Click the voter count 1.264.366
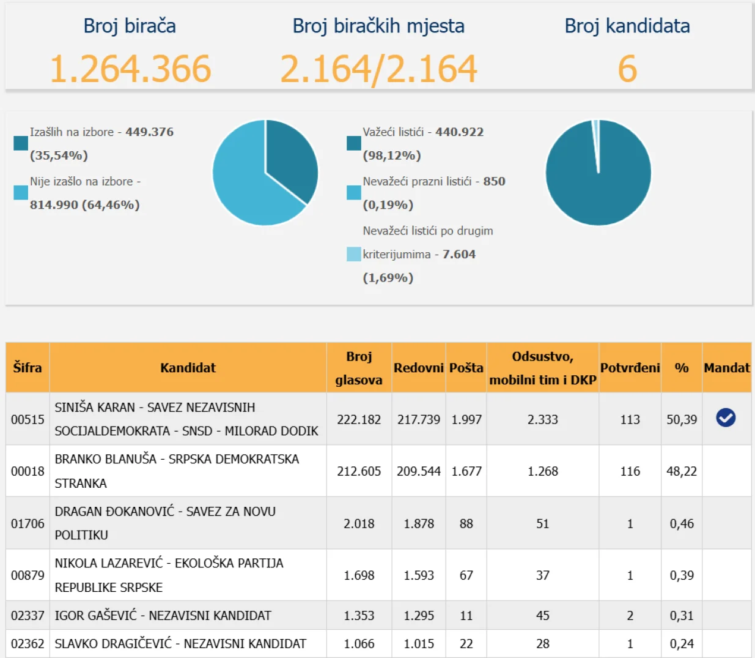tap(130, 69)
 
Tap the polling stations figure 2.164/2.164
tap(378, 69)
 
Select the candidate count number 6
tap(627, 69)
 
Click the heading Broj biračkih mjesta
tap(378, 26)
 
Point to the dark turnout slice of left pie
tap(290, 160)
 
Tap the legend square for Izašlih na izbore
tap(21, 143)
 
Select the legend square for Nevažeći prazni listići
tap(353, 193)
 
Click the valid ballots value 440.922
tap(459, 132)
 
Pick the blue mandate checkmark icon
tap(726, 418)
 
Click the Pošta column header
tap(466, 368)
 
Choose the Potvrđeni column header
tap(630, 368)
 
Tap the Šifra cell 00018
tap(28, 471)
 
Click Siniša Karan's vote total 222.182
tap(359, 419)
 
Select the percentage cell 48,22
tap(681, 471)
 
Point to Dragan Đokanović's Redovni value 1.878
tap(419, 523)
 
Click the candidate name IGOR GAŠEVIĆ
tap(95, 615)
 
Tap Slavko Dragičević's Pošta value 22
tap(466, 644)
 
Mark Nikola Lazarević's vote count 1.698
tap(359, 575)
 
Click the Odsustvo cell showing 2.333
tap(542, 419)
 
